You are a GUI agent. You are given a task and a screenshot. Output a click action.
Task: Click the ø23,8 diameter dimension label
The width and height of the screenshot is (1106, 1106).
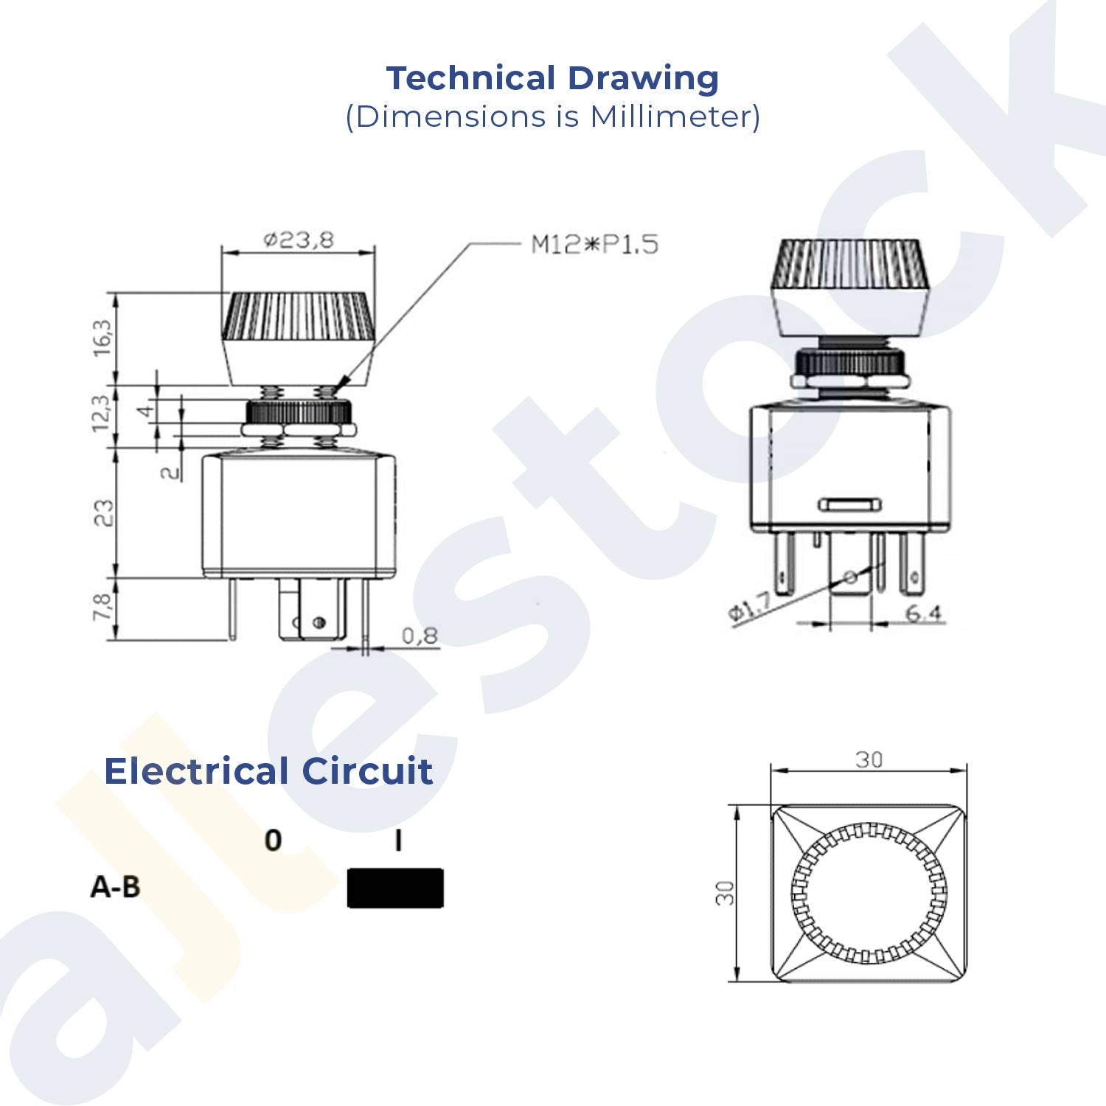pyautogui.click(x=299, y=240)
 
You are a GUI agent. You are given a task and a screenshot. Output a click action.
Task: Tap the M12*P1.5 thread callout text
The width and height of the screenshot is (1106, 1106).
pyautogui.click(x=595, y=244)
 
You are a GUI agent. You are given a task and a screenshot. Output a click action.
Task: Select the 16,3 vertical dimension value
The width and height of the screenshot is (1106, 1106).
pyautogui.click(x=102, y=338)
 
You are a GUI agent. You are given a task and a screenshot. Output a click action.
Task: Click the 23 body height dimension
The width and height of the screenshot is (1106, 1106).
pyautogui.click(x=104, y=513)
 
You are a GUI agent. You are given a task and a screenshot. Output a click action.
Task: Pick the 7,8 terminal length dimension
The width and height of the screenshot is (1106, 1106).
pyautogui.click(x=102, y=608)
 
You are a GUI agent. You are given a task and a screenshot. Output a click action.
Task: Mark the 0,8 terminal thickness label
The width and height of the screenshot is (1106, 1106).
pyautogui.click(x=420, y=636)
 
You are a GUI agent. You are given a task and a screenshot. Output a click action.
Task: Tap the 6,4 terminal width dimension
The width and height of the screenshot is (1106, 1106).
pyautogui.click(x=923, y=613)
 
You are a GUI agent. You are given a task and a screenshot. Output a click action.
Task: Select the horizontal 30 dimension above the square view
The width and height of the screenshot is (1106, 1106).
pyautogui.click(x=869, y=759)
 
